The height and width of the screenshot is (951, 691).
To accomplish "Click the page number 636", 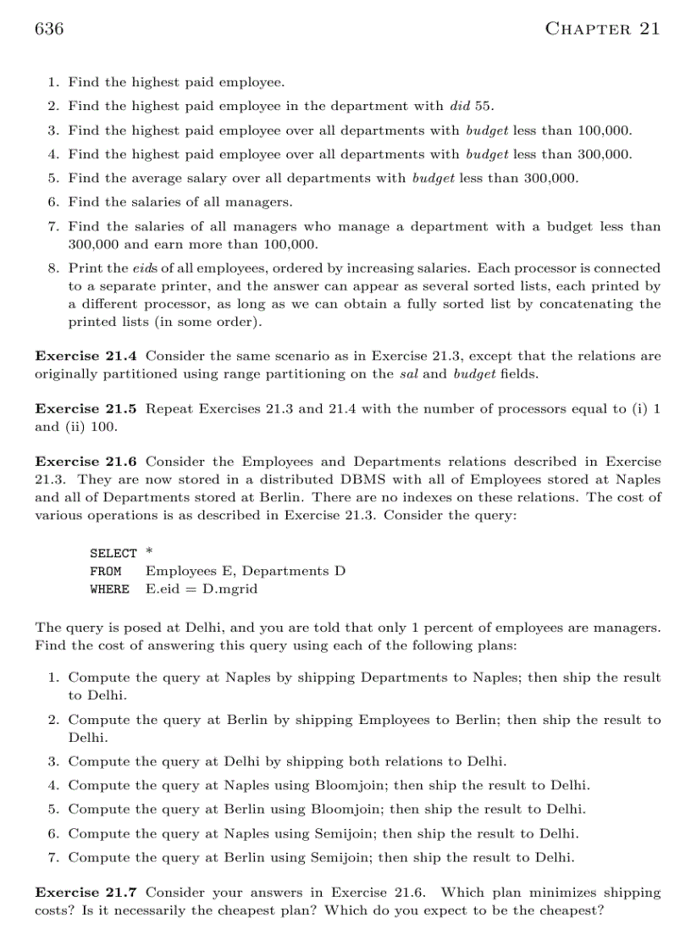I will tap(49, 29).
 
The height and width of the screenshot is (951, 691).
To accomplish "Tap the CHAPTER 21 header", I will tap(602, 29).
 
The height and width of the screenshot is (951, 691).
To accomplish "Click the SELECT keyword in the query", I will tap(113, 553).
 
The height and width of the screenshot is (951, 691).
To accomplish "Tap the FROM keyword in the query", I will tap(105, 571).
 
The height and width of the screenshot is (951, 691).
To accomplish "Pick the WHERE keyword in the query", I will tap(109, 589).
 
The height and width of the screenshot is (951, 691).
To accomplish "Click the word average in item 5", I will tap(148, 178).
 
